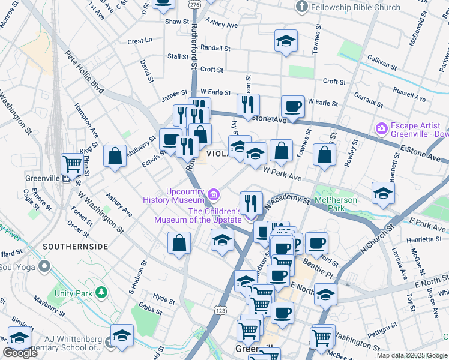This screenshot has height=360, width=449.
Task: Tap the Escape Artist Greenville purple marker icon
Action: [381, 128]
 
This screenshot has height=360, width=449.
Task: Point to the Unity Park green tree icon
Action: [102, 292]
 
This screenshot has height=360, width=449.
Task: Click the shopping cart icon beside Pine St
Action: [73, 163]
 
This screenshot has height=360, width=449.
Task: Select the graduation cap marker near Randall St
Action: [286, 41]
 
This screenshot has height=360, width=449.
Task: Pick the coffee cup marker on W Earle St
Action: [292, 107]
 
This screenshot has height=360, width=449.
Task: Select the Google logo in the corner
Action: [20, 353]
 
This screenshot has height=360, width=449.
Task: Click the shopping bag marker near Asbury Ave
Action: [115, 156]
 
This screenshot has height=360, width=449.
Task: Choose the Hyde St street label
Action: [164, 298]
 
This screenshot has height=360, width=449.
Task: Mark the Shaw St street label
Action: [177, 22]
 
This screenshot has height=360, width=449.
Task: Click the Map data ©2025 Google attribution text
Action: [411, 355]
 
